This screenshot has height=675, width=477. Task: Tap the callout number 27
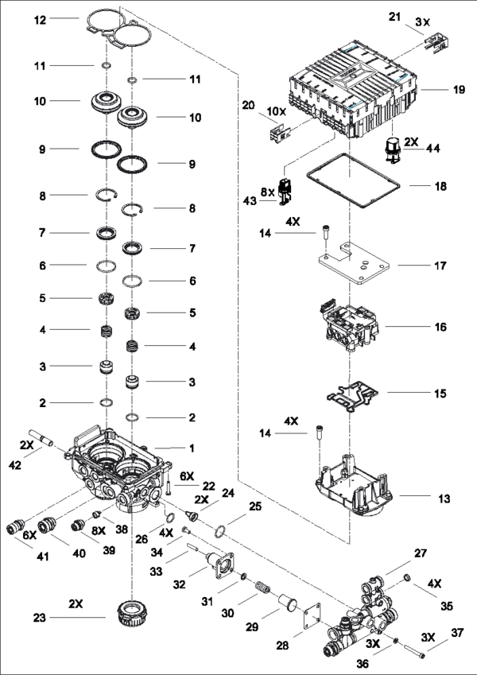click(x=421, y=553)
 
